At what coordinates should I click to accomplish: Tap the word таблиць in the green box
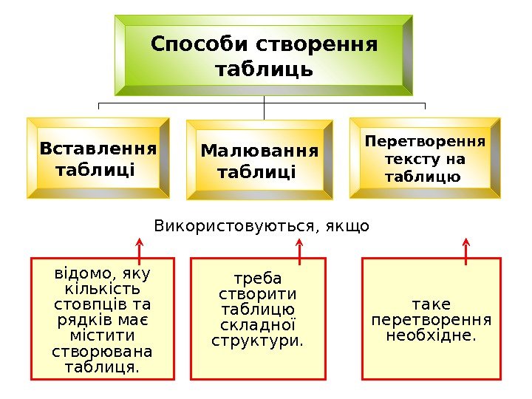pos(264,70)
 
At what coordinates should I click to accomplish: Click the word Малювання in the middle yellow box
pos(259,151)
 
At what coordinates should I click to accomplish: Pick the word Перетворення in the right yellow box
pos(426,140)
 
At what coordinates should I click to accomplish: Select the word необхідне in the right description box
pos(431,336)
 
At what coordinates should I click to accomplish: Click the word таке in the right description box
pos(432,304)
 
